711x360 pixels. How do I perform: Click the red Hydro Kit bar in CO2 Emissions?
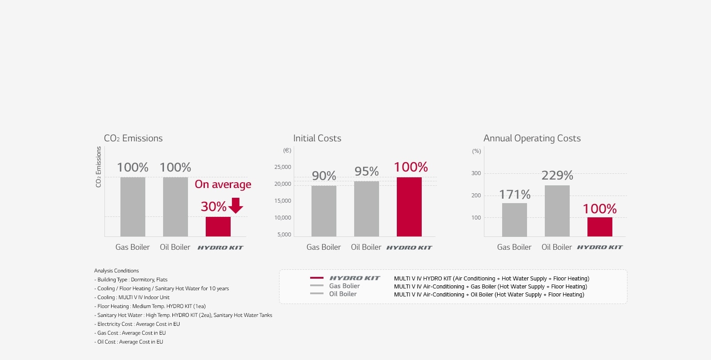coord(218,226)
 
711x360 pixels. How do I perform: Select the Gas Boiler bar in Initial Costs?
coord(324,211)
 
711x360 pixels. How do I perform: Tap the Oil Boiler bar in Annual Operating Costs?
coord(557,211)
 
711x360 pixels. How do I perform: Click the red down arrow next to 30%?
coord(236,205)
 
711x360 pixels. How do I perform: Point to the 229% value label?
coord(557,176)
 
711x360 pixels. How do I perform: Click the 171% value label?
coord(515,195)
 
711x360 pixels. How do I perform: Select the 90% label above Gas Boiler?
coord(324,176)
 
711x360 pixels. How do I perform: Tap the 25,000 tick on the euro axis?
coord(283,167)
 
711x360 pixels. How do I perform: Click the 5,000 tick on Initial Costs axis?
coord(284,235)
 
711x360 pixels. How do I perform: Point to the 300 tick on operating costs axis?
coord(476,173)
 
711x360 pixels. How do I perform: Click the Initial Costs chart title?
coord(317,138)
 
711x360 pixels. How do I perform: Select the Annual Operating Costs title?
coord(532,138)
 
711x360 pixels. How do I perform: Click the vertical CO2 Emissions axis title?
coord(99,167)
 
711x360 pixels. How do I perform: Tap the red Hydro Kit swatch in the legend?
coord(316,278)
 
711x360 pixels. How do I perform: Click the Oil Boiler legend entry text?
coord(343,294)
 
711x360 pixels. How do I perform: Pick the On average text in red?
coord(223,184)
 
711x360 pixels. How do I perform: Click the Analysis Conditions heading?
coord(116,271)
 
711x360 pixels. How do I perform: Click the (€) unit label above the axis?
coord(287,151)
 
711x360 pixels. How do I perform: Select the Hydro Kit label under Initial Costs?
coord(409,248)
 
